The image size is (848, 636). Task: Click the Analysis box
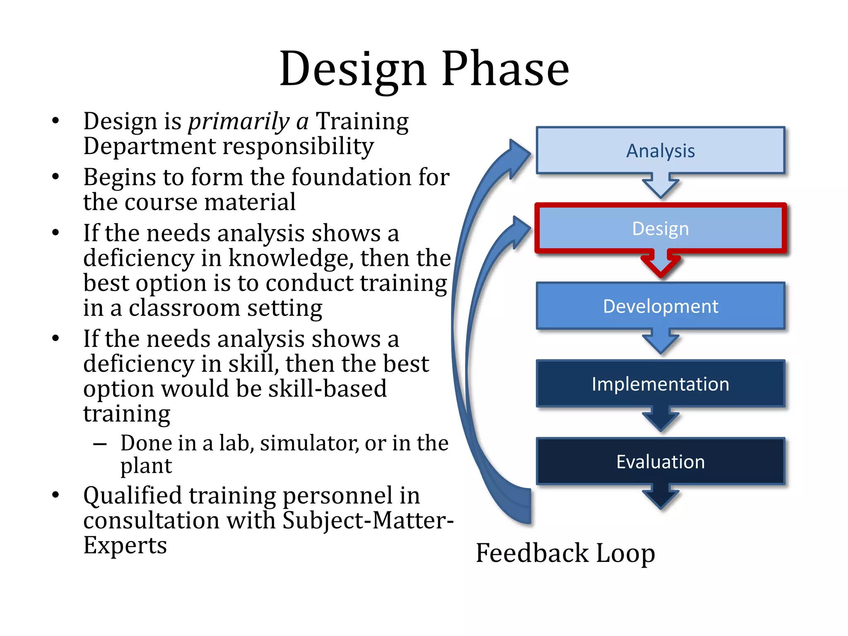(660, 150)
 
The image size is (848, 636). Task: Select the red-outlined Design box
(660, 228)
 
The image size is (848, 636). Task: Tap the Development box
(660, 306)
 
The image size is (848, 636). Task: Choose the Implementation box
(660, 384)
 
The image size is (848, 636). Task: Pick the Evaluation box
(660, 461)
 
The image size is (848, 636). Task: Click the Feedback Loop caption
(565, 553)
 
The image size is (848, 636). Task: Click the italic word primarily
(239, 121)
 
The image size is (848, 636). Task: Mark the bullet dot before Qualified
(55, 495)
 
